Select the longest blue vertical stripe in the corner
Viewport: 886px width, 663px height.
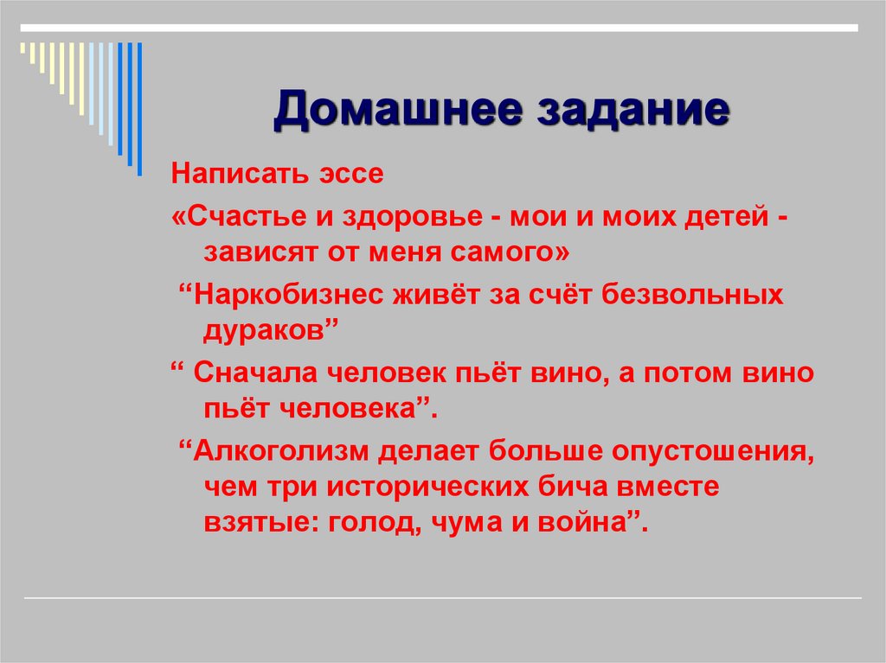point(139,108)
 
